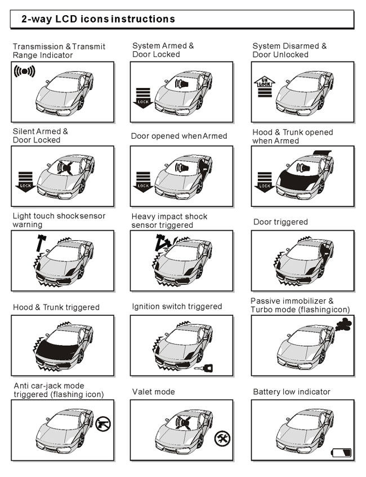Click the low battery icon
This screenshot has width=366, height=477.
click(341, 452)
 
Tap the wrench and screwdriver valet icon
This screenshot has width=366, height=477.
click(222, 438)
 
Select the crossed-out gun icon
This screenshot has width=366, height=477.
click(103, 424)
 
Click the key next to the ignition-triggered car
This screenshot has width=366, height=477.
click(203, 368)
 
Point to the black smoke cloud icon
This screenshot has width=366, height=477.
click(343, 324)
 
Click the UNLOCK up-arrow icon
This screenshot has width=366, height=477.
click(265, 87)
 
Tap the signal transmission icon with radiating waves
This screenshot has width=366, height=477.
click(24, 71)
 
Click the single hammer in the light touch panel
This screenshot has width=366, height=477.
click(41, 242)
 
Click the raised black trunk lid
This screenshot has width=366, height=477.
click(322, 153)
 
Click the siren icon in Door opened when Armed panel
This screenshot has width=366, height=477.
click(182, 167)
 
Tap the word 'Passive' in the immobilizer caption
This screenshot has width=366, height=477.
click(264, 301)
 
